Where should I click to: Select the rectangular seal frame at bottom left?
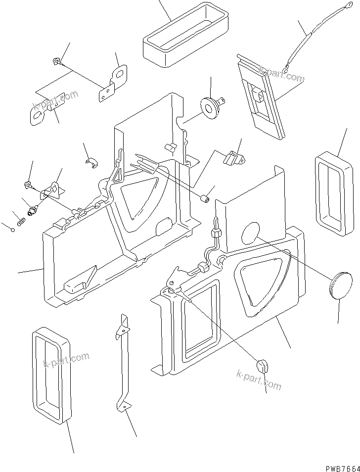(50, 375)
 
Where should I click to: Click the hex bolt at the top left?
(56, 62)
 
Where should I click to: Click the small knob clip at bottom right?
(262, 366)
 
